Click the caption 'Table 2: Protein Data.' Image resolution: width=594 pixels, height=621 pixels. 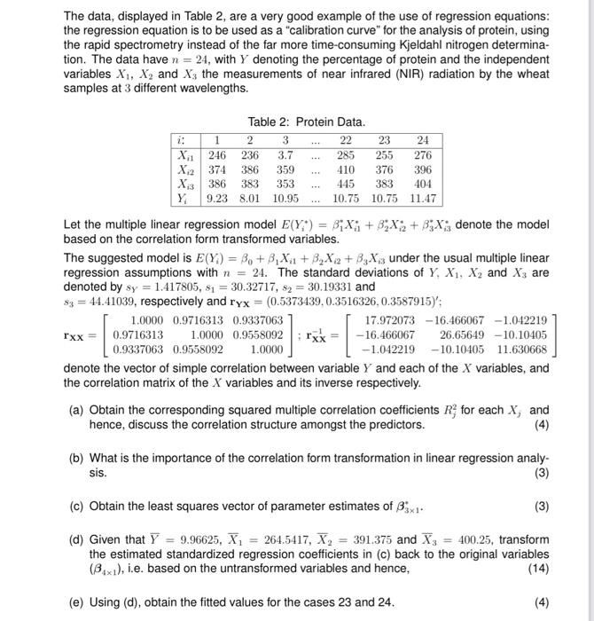[x=306, y=122]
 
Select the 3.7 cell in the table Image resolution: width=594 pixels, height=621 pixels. [x=285, y=154]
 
